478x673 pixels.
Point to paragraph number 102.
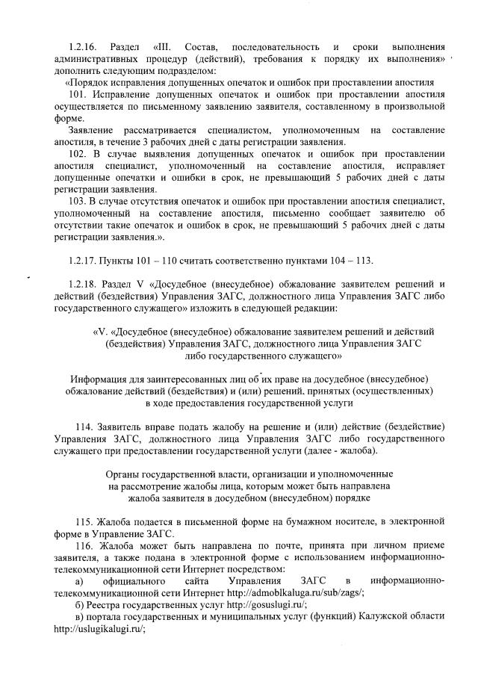tap(78, 153)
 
